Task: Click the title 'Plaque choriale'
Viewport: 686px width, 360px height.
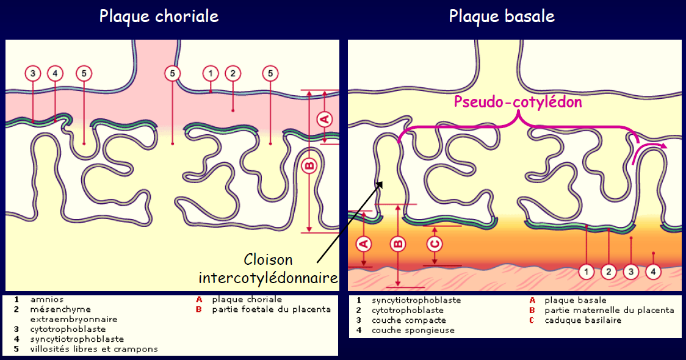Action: [x=159, y=16]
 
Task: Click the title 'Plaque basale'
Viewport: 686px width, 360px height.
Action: [x=502, y=16]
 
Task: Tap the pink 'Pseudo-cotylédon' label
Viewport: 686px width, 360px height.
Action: [x=518, y=102]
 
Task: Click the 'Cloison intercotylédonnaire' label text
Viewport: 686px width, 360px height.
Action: [x=269, y=268]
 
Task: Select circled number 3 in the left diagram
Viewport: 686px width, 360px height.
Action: [x=33, y=73]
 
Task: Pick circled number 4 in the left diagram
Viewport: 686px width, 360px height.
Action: [x=55, y=73]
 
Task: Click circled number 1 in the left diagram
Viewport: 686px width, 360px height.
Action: [x=211, y=73]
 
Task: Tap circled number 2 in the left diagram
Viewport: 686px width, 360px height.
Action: [x=233, y=73]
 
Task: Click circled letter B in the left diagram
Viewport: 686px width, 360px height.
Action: [x=309, y=165]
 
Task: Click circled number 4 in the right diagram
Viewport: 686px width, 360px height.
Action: [x=653, y=270]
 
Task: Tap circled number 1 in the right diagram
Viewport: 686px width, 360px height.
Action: [x=587, y=270]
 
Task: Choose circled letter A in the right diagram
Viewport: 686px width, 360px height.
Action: [x=364, y=244]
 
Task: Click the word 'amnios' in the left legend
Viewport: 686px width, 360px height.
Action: [x=47, y=300]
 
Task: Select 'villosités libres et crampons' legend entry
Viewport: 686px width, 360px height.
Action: [x=94, y=349]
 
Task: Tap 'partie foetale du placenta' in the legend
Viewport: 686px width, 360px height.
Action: [x=272, y=309]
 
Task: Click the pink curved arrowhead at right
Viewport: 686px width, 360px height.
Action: [x=662, y=146]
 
